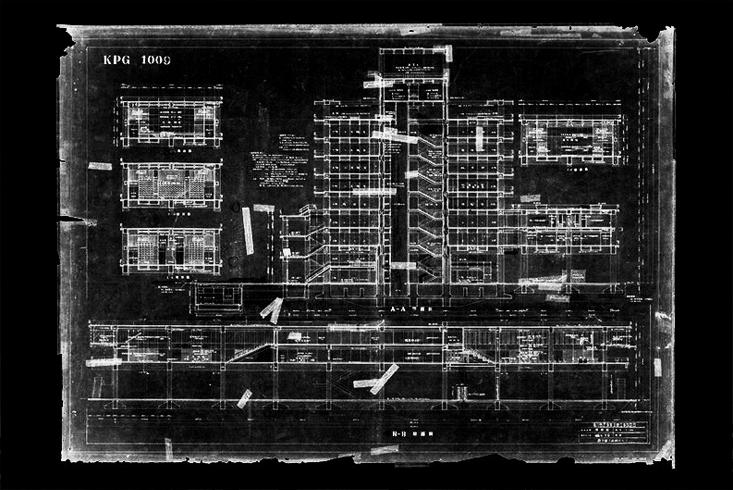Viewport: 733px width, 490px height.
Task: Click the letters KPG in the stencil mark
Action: click(116, 60)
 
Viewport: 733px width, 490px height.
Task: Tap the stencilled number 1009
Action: click(156, 60)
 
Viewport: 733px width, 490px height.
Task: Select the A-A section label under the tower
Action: click(398, 309)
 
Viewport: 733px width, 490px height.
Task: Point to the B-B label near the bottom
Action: click(399, 434)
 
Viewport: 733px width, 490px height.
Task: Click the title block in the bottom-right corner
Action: click(614, 432)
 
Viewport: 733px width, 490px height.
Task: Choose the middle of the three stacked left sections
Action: click(171, 185)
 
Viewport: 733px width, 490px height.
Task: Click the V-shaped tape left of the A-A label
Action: click(272, 310)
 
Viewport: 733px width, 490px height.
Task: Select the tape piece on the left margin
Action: click(100, 166)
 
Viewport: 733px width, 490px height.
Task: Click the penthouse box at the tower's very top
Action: click(412, 63)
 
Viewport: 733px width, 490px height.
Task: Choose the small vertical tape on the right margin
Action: click(657, 367)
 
